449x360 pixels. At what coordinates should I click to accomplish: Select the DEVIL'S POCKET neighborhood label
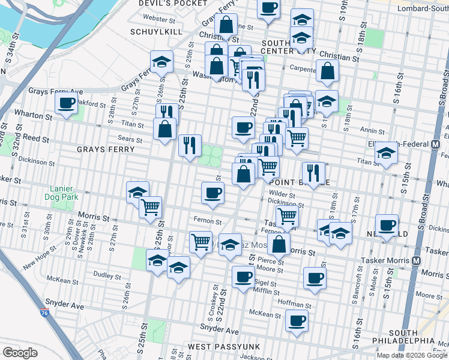[x=164, y=4]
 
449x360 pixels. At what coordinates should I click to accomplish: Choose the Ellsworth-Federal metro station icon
[x=435, y=145]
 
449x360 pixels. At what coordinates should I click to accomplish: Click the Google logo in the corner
[x=20, y=353]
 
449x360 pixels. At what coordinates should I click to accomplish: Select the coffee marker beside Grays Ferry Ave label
[x=67, y=103]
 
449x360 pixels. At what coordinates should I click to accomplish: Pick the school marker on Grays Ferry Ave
[x=161, y=62]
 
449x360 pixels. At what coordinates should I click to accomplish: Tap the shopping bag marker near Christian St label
[x=226, y=25]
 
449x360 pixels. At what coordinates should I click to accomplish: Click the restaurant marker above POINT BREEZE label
[x=313, y=173]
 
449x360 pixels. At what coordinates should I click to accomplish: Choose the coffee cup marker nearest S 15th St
[x=387, y=226]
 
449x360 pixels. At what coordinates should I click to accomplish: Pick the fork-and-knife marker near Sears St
[x=190, y=145]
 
